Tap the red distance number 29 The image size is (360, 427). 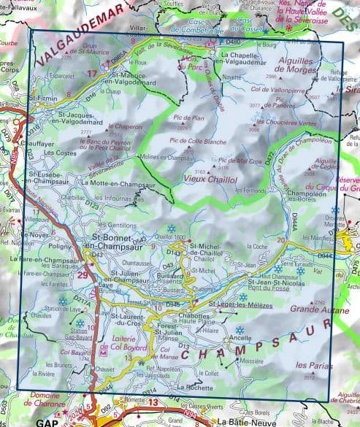[x=82, y=275]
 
